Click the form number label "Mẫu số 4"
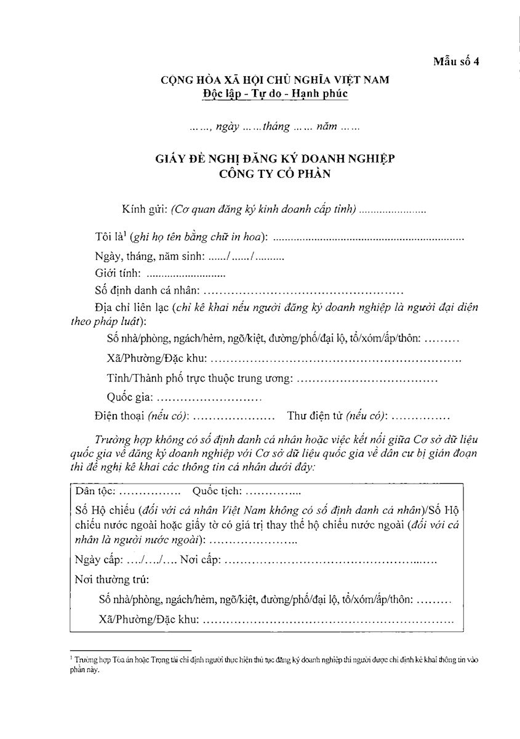point(456,61)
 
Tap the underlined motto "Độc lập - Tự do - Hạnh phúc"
point(274,94)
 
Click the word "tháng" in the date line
point(276,127)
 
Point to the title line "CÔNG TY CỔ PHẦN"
point(274,174)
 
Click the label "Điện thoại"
point(120,416)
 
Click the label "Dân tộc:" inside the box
point(94,492)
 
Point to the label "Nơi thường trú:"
point(111,579)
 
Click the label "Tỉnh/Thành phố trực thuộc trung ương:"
point(199,379)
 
